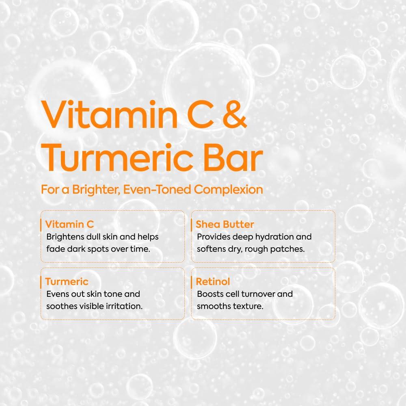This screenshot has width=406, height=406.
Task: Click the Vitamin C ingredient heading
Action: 69,224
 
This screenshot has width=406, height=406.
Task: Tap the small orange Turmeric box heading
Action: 67,281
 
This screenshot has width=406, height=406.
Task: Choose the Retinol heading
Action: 213,281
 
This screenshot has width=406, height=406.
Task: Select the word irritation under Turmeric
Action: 124,306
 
